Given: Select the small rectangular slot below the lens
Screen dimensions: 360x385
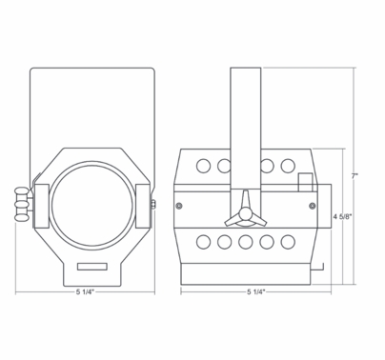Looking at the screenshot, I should coord(92,264).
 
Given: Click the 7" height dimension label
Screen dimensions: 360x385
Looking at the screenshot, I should coord(354,176).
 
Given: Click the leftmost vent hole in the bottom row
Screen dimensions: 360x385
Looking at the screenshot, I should coord(203,242).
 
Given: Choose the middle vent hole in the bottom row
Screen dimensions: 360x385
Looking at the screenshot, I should coord(246,242).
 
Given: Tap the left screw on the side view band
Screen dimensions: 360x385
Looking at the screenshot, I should coord(180,205).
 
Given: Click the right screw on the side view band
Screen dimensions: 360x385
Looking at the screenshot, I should coord(313,205).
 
